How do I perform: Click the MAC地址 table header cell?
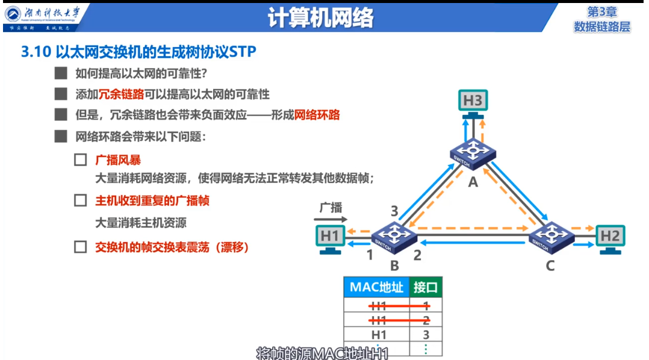pyautogui.click(x=376, y=287)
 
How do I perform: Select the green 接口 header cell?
pyautogui.click(x=426, y=287)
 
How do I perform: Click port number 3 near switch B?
pyautogui.click(x=394, y=211)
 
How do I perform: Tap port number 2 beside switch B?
pyautogui.click(x=417, y=255)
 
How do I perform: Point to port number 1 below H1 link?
pyautogui.click(x=370, y=255)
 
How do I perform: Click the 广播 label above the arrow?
pyautogui.click(x=331, y=207)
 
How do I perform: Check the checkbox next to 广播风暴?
pyautogui.click(x=80, y=161)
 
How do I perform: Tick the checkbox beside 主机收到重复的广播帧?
pyautogui.click(x=80, y=200)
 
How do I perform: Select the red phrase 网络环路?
pyautogui.click(x=317, y=115)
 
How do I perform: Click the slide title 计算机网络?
pyautogui.click(x=320, y=18)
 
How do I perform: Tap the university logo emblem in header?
pyautogui.click(x=13, y=13)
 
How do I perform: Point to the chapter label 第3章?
pyautogui.click(x=602, y=11)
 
